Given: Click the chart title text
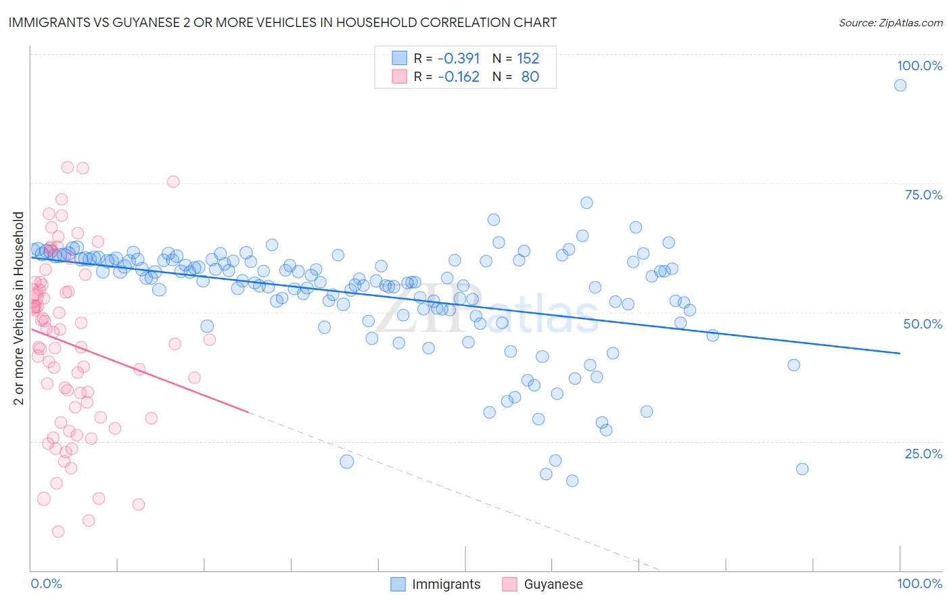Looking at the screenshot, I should click(282, 22).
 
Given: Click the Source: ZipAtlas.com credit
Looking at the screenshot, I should click(890, 23).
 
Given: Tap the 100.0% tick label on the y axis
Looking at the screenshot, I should click(919, 66).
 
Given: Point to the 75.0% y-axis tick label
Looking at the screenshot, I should click(923, 195).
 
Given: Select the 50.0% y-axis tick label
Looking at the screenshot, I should click(923, 324).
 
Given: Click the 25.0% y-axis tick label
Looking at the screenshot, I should click(923, 453).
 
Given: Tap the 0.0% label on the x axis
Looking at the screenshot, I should click(46, 583).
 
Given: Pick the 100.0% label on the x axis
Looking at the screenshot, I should click(919, 583).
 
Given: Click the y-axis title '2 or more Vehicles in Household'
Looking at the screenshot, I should click(19, 308).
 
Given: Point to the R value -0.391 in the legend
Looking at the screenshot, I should click(459, 59).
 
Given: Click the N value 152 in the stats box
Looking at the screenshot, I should click(528, 59).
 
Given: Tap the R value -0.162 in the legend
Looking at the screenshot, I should click(459, 77).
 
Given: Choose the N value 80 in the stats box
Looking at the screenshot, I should click(530, 77).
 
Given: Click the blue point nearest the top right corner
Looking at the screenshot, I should click(900, 85).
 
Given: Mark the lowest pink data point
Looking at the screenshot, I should click(58, 531).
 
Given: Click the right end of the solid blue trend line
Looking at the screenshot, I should click(900, 353).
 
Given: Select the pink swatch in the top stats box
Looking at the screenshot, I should click(399, 77).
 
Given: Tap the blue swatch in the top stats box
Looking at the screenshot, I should click(399, 59).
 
